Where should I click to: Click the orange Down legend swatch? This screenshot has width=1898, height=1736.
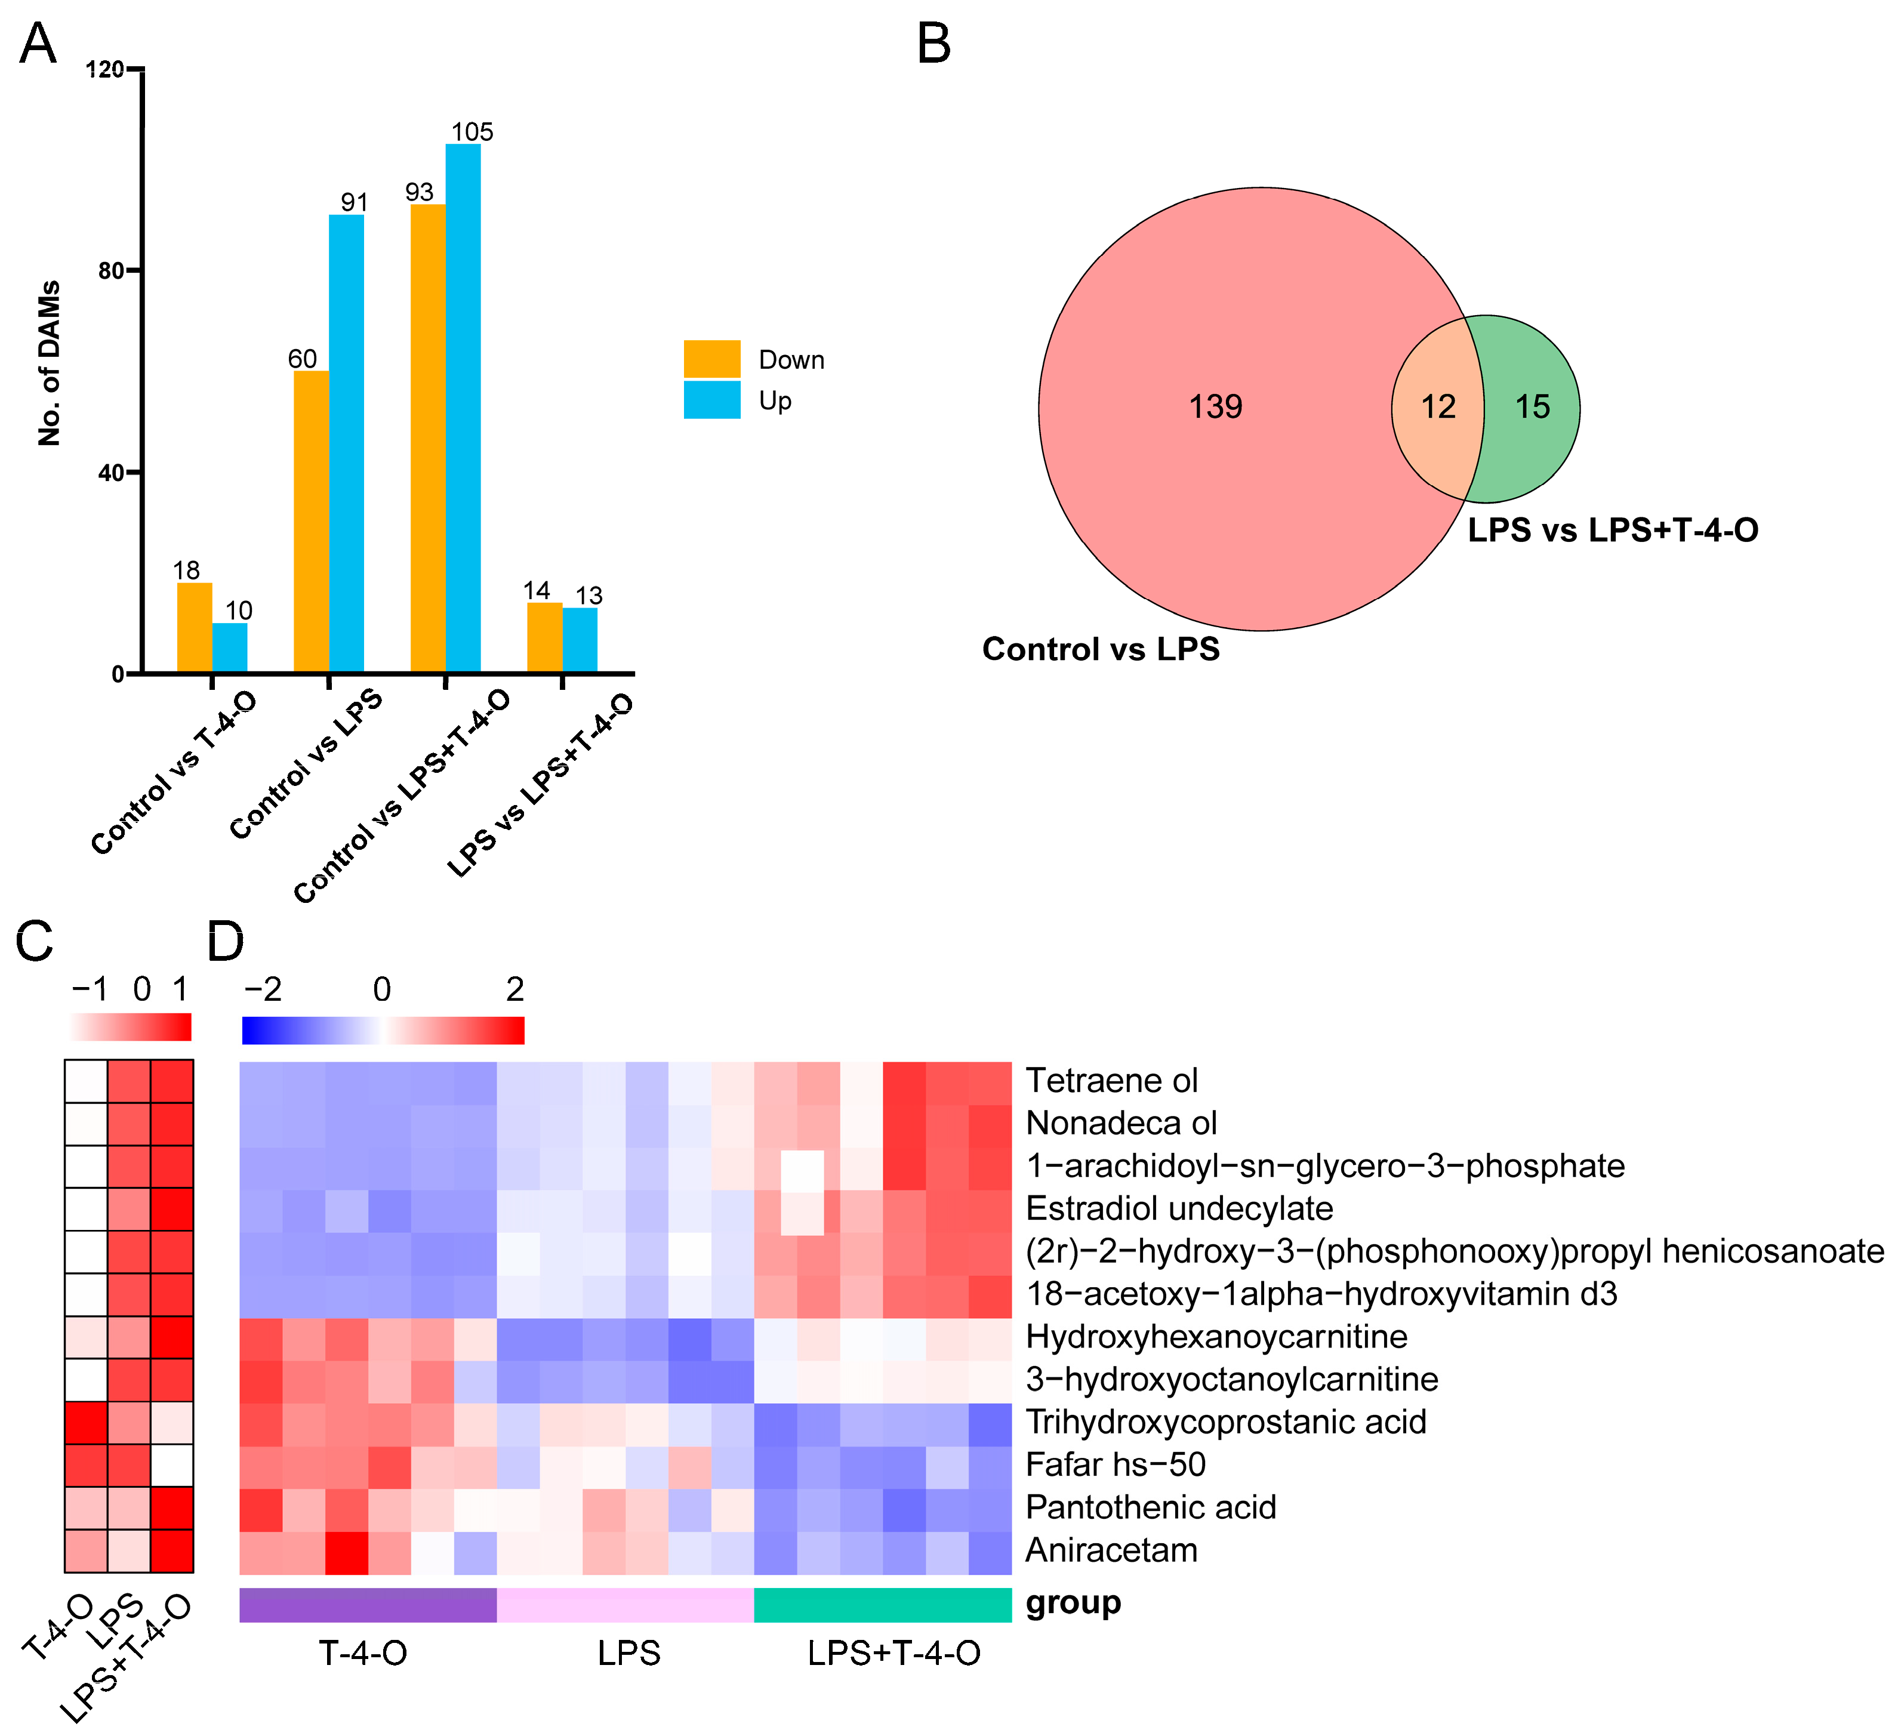click(711, 359)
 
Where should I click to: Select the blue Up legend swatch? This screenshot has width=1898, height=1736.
click(711, 400)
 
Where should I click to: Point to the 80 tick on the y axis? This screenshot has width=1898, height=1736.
click(111, 271)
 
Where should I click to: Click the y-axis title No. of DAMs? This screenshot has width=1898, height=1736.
click(49, 362)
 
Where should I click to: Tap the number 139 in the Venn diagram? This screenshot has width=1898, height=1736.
click(1215, 407)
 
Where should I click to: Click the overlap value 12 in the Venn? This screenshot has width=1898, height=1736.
click(1438, 407)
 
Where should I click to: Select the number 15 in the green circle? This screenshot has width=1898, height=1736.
click(1532, 407)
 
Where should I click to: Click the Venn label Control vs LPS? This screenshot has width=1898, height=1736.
click(1101, 649)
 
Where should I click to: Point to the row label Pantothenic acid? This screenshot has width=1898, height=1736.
click(1151, 1507)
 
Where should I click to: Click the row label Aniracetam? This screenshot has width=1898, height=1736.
click(1111, 1550)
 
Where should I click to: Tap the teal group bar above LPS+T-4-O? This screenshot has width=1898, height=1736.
click(882, 1604)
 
